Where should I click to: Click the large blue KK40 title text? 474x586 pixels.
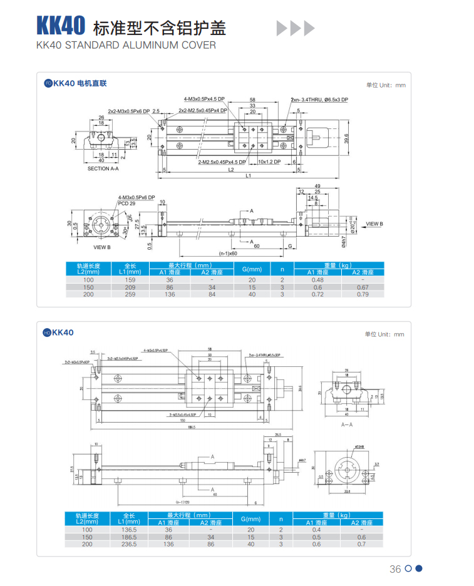click(x=60, y=26)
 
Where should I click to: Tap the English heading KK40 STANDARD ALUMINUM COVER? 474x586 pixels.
click(x=126, y=45)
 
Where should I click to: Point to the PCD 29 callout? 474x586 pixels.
click(x=126, y=203)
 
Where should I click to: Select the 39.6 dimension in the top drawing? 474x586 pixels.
click(x=346, y=138)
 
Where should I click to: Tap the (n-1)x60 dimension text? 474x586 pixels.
click(x=228, y=253)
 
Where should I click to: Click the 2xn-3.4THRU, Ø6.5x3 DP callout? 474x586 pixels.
click(x=319, y=100)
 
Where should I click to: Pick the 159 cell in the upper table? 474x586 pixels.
click(x=130, y=280)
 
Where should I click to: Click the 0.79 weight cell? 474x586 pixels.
click(x=361, y=294)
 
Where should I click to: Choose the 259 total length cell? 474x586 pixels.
click(x=130, y=294)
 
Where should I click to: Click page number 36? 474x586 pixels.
click(x=395, y=569)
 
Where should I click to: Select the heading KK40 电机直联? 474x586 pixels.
click(x=80, y=83)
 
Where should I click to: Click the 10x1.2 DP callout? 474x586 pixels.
click(x=271, y=162)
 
